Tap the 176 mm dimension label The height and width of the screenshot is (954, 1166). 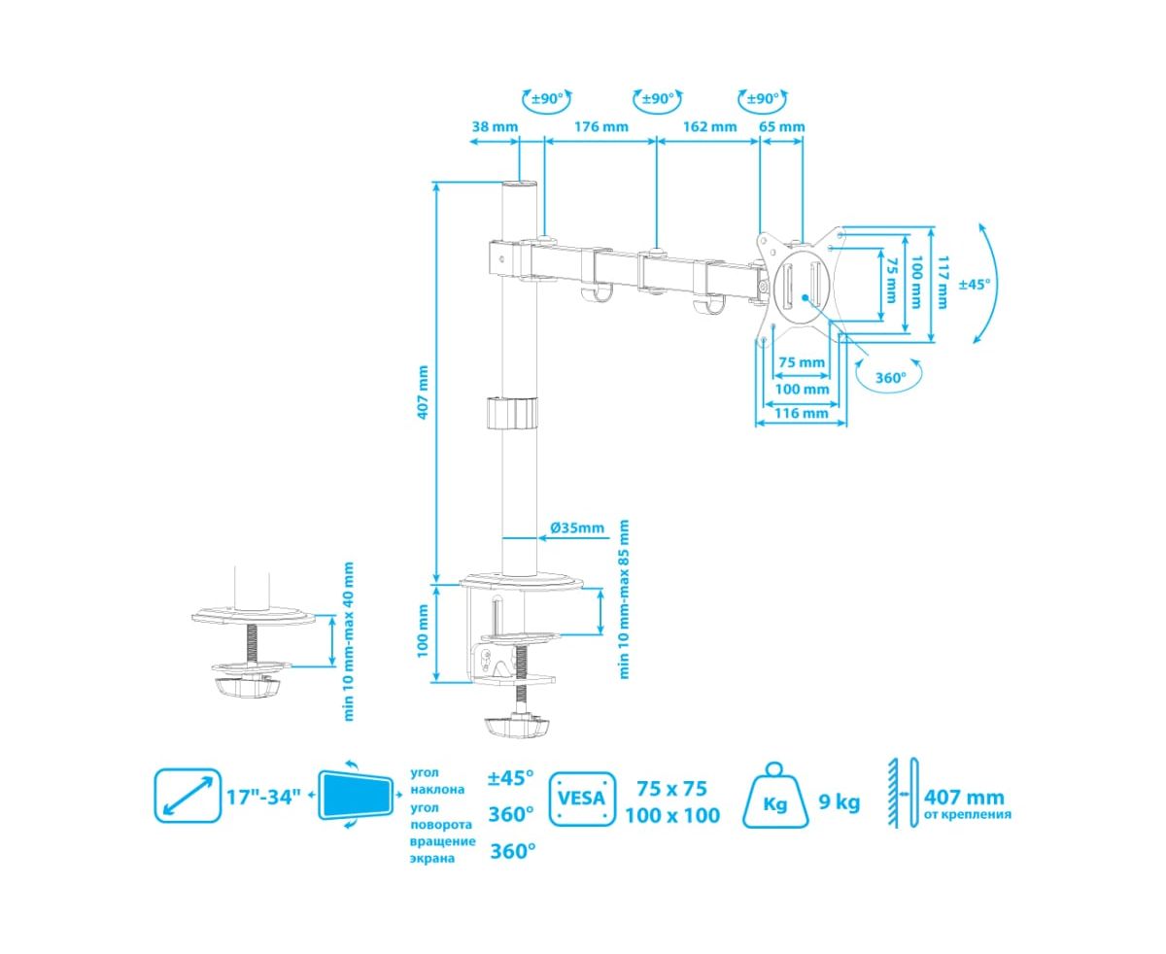tap(600, 126)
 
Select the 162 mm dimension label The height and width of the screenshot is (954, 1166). tap(709, 126)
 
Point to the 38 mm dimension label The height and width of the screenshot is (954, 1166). tap(495, 126)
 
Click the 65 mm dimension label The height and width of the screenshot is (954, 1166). tap(782, 126)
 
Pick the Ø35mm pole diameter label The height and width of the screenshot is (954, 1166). tap(577, 528)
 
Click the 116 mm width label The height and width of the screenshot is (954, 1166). tap(802, 413)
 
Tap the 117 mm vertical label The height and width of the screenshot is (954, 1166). tap(942, 282)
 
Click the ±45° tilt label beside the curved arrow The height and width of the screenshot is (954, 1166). tap(975, 285)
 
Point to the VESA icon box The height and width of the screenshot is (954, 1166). tap(583, 799)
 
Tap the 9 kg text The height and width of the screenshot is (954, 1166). tap(840, 802)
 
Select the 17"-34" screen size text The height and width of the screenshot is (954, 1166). tap(263, 799)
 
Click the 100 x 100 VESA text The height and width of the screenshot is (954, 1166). tap(672, 815)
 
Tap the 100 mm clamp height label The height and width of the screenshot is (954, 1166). tap(423, 630)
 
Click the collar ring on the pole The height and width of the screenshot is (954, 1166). tap(511, 412)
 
